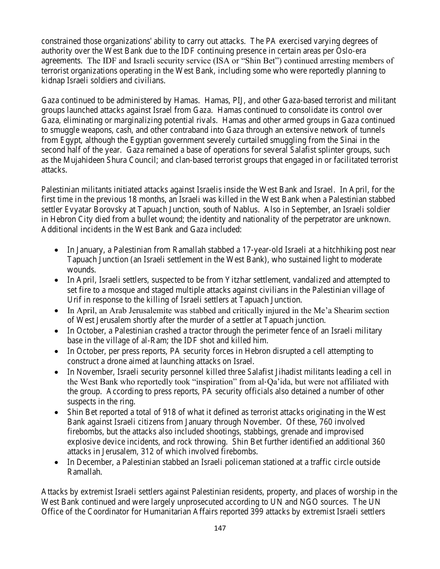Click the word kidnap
click(x=53, y=80)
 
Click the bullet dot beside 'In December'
click(x=56, y=462)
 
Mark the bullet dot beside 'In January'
click(x=56, y=250)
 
